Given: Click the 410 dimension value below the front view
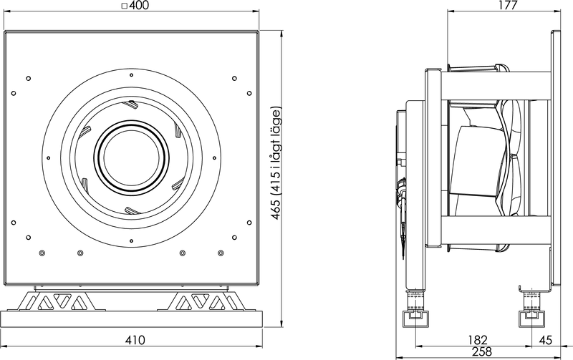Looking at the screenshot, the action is click(x=135, y=340).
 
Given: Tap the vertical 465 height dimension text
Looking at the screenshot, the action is click(x=276, y=163).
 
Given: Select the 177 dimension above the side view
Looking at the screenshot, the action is click(x=508, y=5).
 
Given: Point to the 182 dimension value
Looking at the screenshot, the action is click(x=477, y=340).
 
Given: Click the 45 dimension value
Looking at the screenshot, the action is click(x=545, y=340).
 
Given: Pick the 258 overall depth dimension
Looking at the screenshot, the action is click(x=481, y=351).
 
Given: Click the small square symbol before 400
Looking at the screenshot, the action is click(x=124, y=6).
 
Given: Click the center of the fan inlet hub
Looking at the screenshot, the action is click(x=131, y=157).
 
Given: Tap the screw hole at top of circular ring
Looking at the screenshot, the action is click(x=131, y=76).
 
